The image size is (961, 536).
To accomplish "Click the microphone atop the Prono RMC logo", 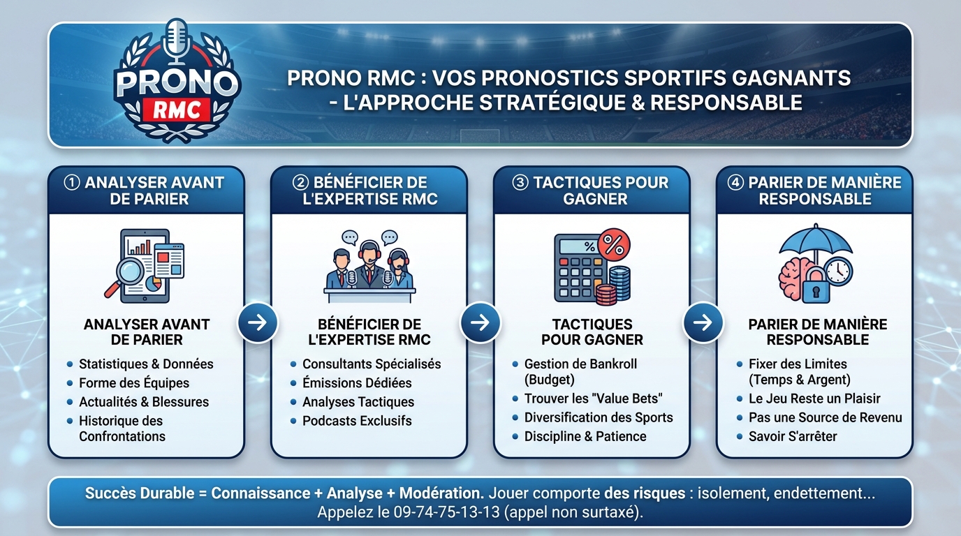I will click(177, 38).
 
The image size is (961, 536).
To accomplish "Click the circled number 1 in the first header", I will click(72, 183).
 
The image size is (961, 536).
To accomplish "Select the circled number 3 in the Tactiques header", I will click(521, 183).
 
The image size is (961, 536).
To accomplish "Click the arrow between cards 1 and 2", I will click(257, 322).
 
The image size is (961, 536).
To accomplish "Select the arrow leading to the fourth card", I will click(703, 322).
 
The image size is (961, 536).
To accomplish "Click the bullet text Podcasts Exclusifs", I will click(357, 421).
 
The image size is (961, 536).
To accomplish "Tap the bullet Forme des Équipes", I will click(134, 383).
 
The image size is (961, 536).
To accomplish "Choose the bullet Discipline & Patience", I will click(585, 437).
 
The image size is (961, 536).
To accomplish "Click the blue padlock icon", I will click(816, 287).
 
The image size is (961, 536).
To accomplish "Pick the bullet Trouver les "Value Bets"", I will click(593, 399).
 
